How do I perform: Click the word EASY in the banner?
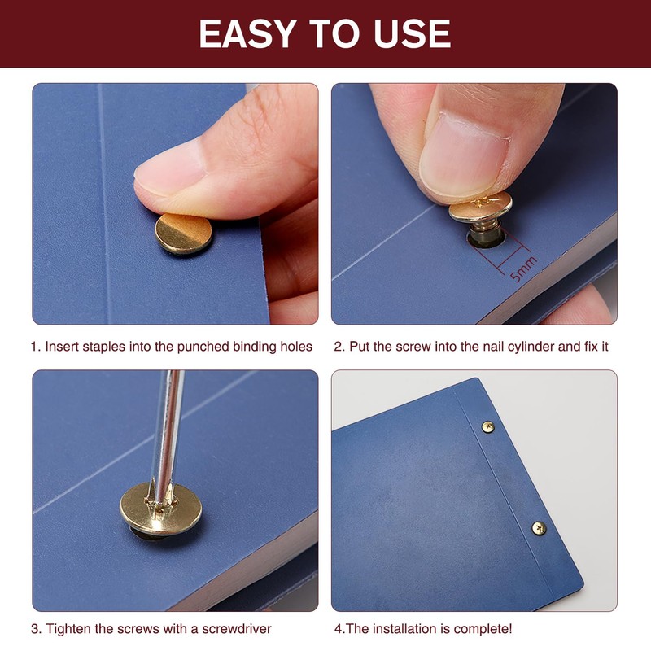(x=247, y=33)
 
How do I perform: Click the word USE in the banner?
(x=412, y=33)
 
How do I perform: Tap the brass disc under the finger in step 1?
(x=184, y=234)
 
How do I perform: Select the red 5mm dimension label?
(x=524, y=269)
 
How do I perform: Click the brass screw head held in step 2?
(x=480, y=207)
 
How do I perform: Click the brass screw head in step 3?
(x=161, y=509)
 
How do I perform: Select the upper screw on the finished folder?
(x=487, y=426)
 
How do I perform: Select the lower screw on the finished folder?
(x=539, y=528)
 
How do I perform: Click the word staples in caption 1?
(x=103, y=347)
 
